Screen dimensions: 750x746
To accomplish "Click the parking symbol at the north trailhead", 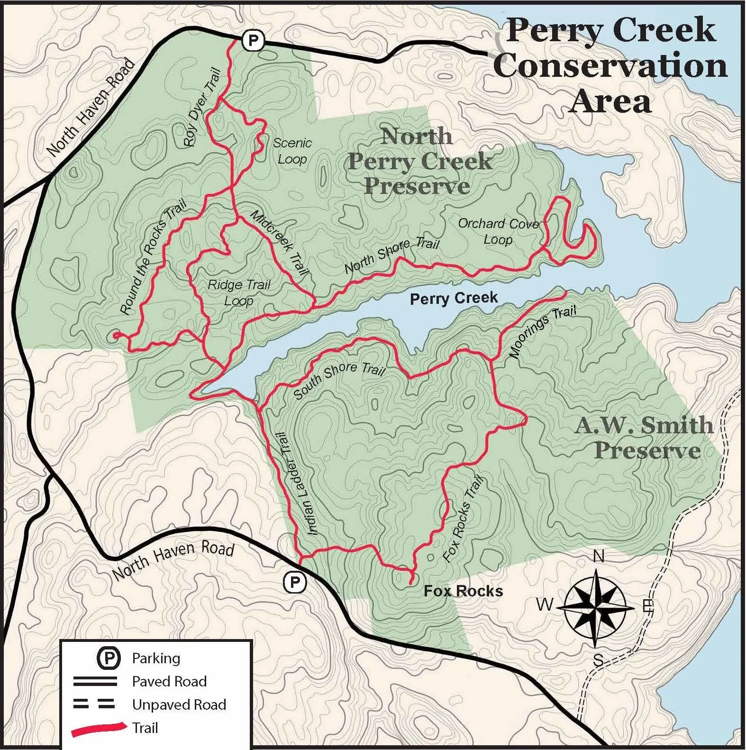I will [253, 41].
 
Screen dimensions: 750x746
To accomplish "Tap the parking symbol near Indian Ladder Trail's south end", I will [295, 582].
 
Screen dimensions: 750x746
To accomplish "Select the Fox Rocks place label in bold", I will [463, 591].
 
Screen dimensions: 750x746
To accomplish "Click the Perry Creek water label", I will [454, 298].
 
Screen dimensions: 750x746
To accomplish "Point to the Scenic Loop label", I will [292, 151].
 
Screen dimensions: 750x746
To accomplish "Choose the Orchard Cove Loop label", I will [499, 231].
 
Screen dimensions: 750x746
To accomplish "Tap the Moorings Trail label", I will [543, 331].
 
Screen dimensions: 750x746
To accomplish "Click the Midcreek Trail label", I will [280, 243].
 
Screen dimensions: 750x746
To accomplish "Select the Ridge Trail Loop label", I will [239, 293].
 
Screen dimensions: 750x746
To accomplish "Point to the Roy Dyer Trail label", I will [202, 107].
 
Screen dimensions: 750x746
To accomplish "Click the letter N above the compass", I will [599, 556].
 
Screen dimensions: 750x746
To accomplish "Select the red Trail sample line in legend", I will [99, 729].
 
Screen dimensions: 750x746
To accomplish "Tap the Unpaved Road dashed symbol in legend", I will [94, 704].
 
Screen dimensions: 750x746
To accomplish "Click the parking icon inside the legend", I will [109, 658].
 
